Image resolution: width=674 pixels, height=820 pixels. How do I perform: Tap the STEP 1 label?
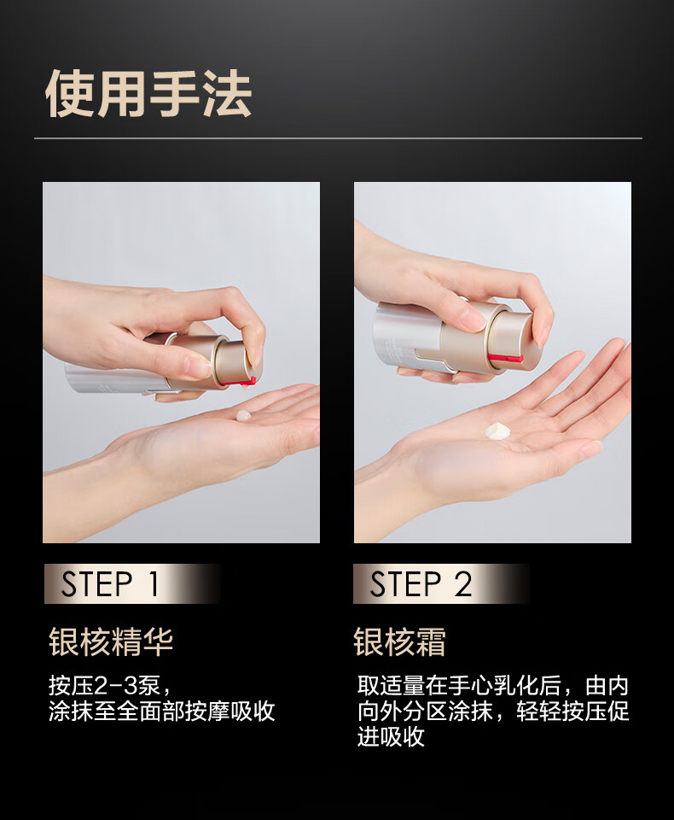(x=110, y=583)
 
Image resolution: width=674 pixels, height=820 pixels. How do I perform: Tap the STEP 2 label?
(x=421, y=583)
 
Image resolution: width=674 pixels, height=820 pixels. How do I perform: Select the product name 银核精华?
(x=111, y=641)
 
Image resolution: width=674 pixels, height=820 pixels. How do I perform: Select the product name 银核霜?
(x=399, y=641)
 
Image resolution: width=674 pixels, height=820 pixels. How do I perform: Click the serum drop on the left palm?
(x=243, y=416)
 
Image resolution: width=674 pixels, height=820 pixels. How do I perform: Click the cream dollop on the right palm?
(x=497, y=430)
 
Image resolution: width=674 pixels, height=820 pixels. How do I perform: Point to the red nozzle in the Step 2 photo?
(x=505, y=358)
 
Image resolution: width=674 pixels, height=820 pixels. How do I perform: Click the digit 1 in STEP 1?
(x=153, y=583)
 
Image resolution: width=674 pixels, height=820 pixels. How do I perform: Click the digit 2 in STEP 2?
(x=462, y=583)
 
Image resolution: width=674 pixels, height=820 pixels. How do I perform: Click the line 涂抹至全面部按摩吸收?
(x=162, y=712)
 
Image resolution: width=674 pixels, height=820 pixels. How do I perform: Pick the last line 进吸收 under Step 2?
(x=392, y=736)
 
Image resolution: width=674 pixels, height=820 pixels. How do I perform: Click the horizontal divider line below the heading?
(x=338, y=138)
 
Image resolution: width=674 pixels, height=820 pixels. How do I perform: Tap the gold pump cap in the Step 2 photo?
(x=509, y=335)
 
